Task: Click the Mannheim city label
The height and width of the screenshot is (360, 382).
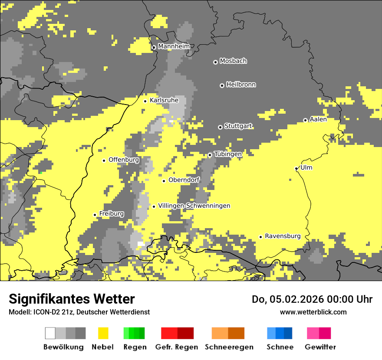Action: [x=174, y=46]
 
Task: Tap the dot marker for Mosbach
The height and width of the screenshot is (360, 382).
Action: [x=215, y=62]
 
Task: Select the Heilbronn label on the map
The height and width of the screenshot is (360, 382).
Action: [x=241, y=85]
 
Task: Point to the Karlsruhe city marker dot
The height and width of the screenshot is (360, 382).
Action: [x=145, y=101]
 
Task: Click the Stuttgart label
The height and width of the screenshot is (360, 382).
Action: [x=238, y=126]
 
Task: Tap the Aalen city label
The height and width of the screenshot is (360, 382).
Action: [x=318, y=119]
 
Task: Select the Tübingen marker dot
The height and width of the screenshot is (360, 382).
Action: [x=210, y=155]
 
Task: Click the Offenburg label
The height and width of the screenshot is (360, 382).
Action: [x=124, y=160]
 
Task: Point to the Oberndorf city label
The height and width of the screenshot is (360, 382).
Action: [x=184, y=180]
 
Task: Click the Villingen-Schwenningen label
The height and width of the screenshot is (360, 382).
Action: [x=194, y=206]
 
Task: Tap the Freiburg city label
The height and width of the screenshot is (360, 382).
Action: [x=112, y=214]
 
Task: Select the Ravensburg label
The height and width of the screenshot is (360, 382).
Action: [x=283, y=236]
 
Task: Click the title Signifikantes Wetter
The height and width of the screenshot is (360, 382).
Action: [x=72, y=299]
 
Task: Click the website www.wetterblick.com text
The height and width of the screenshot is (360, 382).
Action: [x=313, y=312]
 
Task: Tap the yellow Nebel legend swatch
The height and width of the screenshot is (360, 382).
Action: [x=103, y=333]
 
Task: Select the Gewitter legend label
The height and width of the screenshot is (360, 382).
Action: [x=320, y=347]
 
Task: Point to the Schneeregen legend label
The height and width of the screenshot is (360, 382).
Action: [x=229, y=347]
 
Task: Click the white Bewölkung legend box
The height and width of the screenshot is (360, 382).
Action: [x=50, y=333]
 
